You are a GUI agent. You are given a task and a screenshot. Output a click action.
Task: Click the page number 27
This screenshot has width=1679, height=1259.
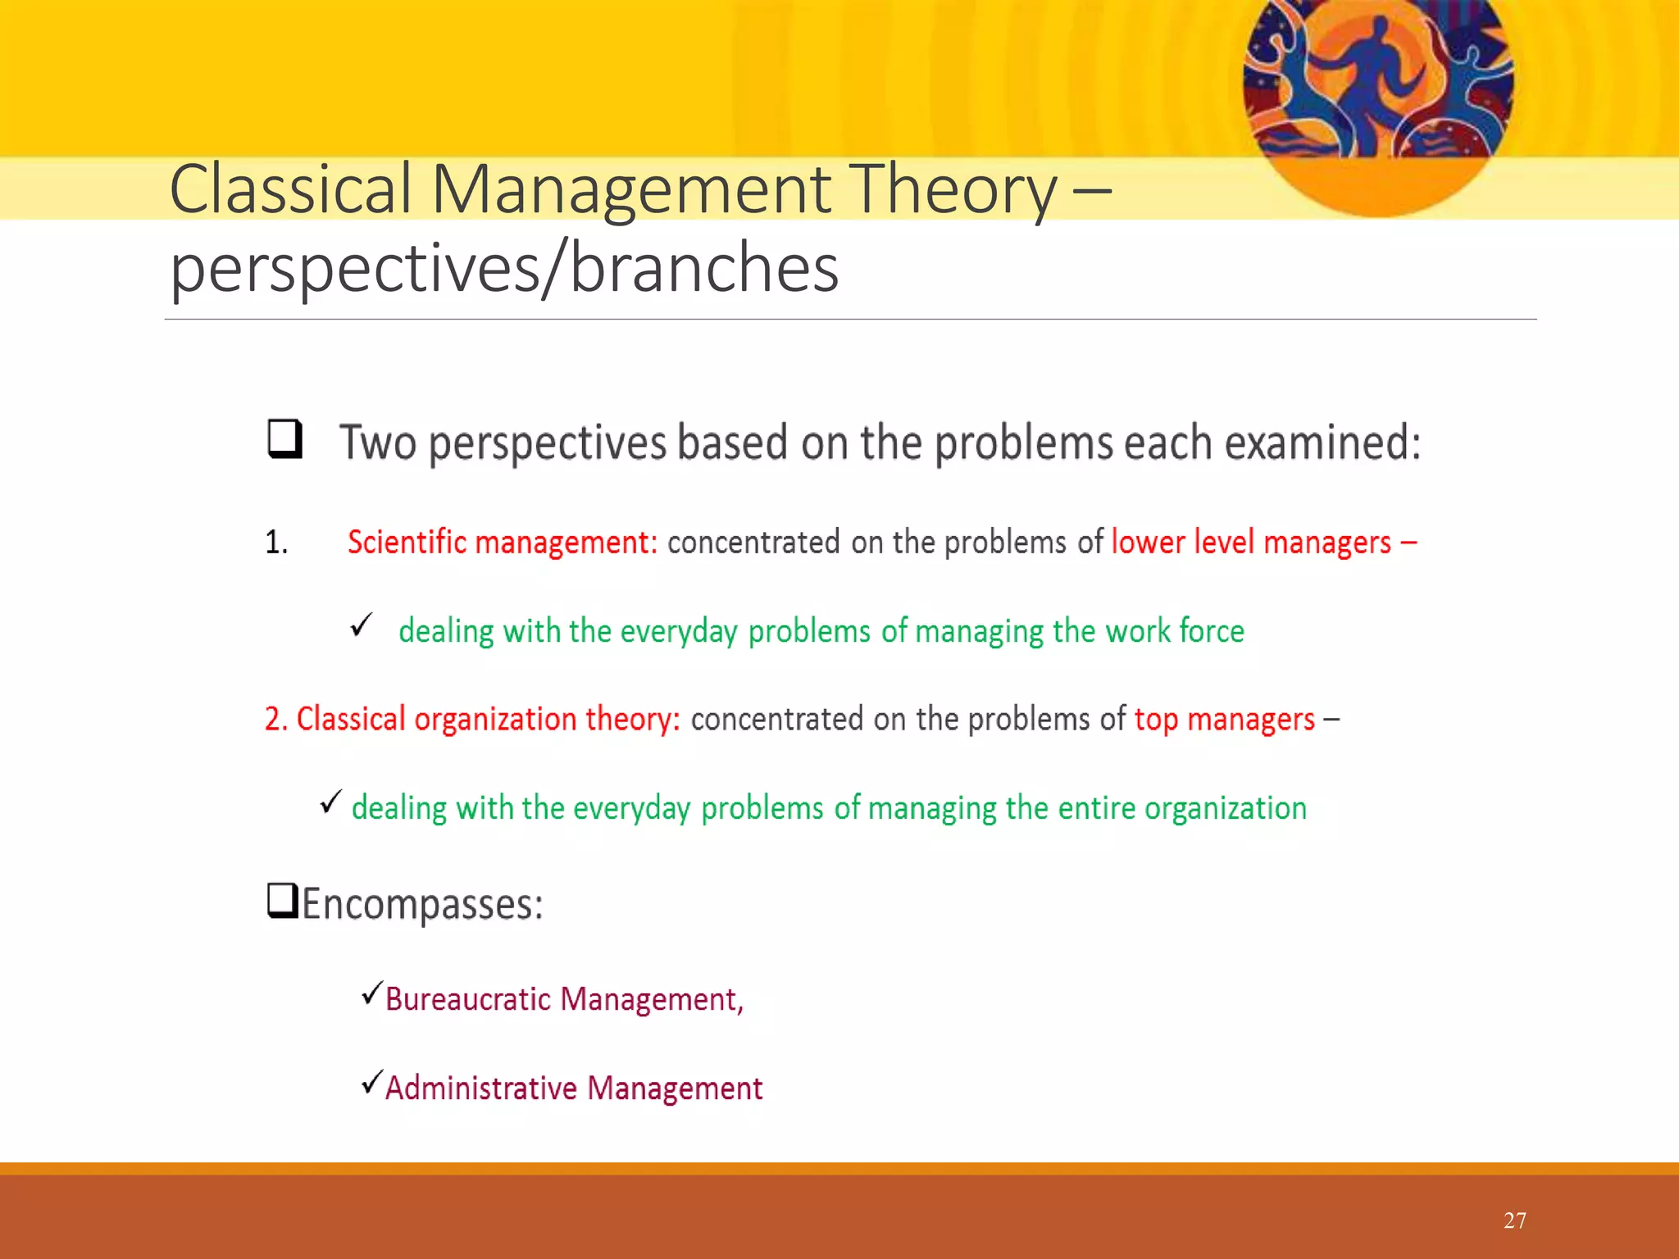1514,1220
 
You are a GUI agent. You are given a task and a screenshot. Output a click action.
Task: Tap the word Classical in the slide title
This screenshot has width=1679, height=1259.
290,190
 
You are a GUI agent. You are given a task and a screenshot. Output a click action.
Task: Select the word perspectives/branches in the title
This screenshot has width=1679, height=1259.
504,269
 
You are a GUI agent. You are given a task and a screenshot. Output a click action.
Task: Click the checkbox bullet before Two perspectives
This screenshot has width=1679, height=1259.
284,439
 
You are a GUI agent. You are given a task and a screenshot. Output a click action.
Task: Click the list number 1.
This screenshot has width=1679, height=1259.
275,543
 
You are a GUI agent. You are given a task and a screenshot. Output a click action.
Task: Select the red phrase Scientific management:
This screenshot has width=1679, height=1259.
502,543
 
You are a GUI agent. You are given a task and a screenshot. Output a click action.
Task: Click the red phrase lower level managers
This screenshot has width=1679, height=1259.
1251,543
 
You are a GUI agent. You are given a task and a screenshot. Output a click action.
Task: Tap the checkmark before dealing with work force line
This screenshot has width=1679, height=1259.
361,627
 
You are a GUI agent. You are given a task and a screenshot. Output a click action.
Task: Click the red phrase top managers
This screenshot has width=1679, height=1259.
1224,719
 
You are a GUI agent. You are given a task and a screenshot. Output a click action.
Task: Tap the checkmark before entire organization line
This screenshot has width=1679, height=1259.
330,802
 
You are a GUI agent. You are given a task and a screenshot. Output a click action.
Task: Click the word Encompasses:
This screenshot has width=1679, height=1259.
422,904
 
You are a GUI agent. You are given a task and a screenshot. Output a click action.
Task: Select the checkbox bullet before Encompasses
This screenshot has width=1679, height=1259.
283,901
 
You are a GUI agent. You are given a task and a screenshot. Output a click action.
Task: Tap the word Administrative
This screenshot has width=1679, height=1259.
481,1089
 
